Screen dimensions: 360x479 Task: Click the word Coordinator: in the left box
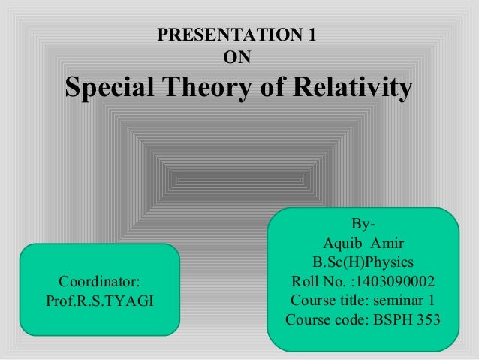tap(99, 283)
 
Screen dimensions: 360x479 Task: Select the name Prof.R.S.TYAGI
tap(99, 302)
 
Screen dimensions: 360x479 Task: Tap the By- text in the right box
tap(363, 224)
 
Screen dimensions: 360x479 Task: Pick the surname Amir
tap(388, 244)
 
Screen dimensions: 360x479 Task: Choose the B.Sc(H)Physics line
tap(363, 263)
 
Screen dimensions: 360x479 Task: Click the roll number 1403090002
tap(396, 283)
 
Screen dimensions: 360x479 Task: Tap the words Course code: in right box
tap(324, 322)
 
